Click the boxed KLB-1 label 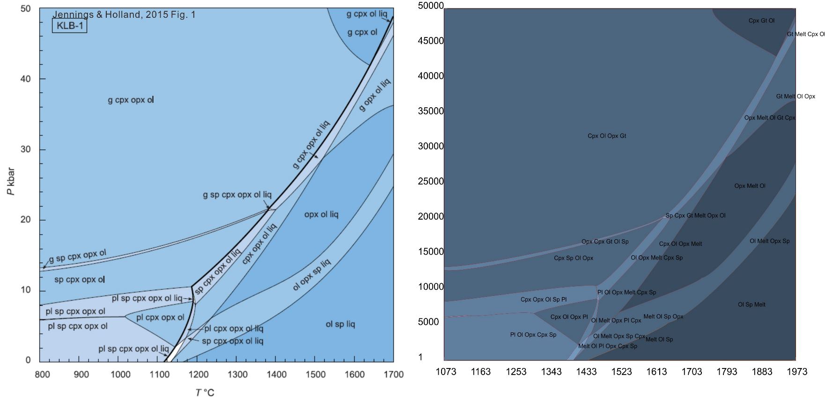pyautogui.click(x=70, y=26)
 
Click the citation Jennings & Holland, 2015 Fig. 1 pyautogui.click(x=124, y=15)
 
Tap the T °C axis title pyautogui.click(x=205, y=392)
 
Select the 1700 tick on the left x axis pyautogui.click(x=393, y=375)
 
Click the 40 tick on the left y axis pyautogui.click(x=25, y=79)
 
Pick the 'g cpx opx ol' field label pyautogui.click(x=131, y=100)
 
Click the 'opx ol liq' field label pyautogui.click(x=321, y=214)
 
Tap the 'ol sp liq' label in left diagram pyautogui.click(x=340, y=324)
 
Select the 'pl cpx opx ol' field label pyautogui.click(x=160, y=317)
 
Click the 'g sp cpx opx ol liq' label pyautogui.click(x=237, y=194)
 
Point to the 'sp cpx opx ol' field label pyautogui.click(x=80, y=280)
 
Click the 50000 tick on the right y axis pyautogui.click(x=431, y=6)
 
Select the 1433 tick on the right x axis pyautogui.click(x=586, y=372)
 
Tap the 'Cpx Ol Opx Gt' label pyautogui.click(x=607, y=136)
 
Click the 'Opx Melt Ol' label pyautogui.click(x=750, y=186)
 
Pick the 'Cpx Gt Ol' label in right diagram pyautogui.click(x=761, y=21)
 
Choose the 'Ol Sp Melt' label pyautogui.click(x=751, y=304)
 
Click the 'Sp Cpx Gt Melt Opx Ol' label pyautogui.click(x=695, y=215)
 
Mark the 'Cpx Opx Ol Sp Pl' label pyautogui.click(x=543, y=299)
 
